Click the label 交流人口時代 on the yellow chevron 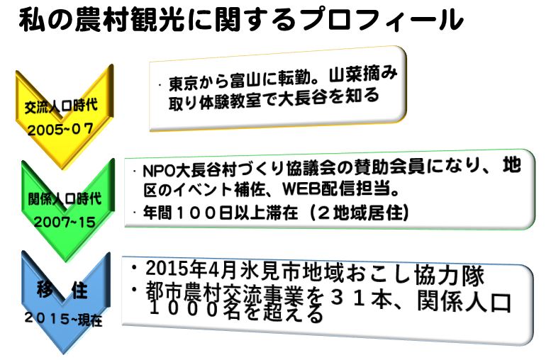point(61,106)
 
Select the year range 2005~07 point(60,130)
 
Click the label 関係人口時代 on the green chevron point(65,199)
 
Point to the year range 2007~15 point(65,222)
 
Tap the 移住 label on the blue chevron point(62,290)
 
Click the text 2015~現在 point(64,319)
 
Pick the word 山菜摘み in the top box point(363,74)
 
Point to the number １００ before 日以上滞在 point(196,213)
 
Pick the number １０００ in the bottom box point(185,310)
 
